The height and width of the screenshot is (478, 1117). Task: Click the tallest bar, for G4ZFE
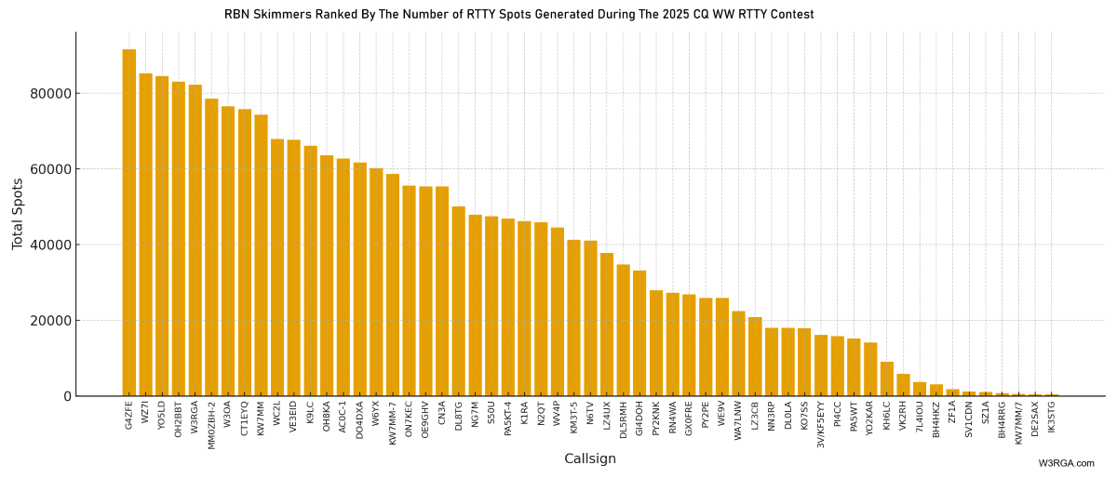click(x=128, y=223)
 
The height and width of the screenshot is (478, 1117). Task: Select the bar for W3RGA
click(x=195, y=241)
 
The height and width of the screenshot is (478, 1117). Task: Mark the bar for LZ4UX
click(x=607, y=325)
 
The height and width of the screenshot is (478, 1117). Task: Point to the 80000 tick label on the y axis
click(x=51, y=94)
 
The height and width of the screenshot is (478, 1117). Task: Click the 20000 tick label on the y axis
click(x=51, y=321)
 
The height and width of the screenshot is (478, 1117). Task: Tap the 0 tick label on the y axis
click(x=67, y=397)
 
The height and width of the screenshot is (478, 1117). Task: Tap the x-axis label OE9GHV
click(x=425, y=419)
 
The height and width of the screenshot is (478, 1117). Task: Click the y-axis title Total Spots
click(x=18, y=214)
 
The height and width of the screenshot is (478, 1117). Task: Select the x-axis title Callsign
click(x=589, y=458)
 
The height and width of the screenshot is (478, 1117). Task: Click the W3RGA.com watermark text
click(x=1066, y=463)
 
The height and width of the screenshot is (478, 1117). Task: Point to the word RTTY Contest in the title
click(x=778, y=15)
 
